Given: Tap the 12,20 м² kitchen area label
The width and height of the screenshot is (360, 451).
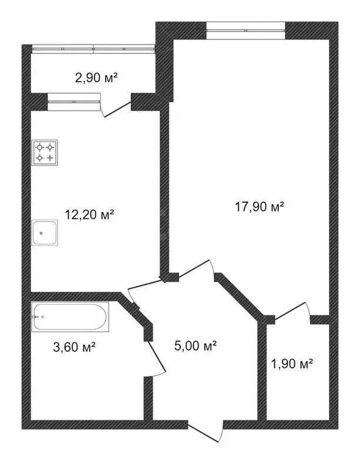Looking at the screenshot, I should (x=89, y=215).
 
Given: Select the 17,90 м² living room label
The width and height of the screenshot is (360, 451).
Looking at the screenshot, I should (x=259, y=206).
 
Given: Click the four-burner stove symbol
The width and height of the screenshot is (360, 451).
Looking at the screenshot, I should (x=45, y=153).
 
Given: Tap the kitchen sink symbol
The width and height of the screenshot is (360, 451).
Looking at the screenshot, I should (x=45, y=233).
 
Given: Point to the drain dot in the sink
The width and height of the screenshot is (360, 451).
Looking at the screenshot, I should (x=42, y=233).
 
